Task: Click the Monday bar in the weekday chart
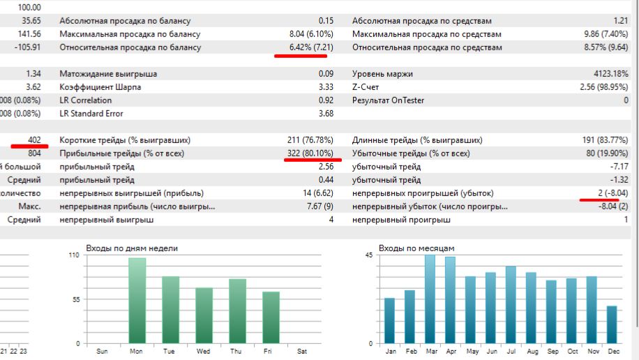click(x=137, y=301)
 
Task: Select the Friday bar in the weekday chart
click(x=271, y=317)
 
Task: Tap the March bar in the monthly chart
click(x=430, y=299)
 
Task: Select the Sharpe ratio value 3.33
click(x=326, y=87)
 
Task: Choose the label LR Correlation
click(x=86, y=100)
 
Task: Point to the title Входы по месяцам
click(x=416, y=248)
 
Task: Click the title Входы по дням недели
click(x=132, y=248)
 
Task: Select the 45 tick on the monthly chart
click(x=369, y=256)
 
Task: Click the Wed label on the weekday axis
click(x=204, y=351)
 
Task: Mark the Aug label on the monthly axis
click(x=532, y=351)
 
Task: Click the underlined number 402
click(x=33, y=140)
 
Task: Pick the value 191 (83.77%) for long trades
click(x=606, y=140)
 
